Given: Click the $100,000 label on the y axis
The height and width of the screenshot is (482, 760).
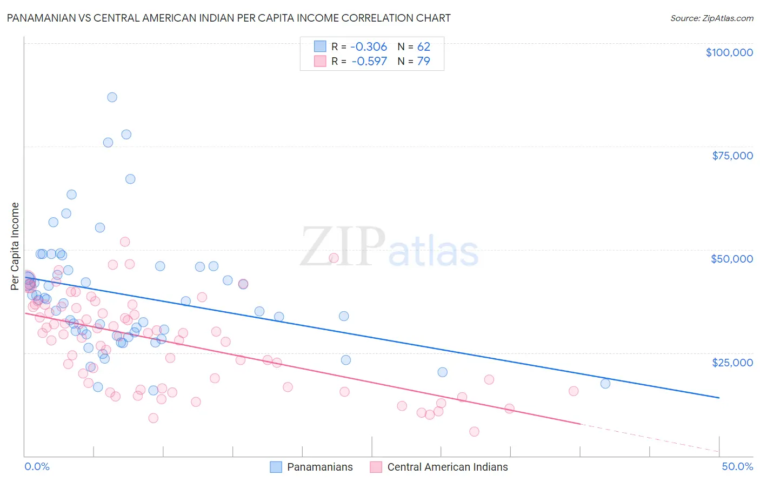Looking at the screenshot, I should tap(729, 52).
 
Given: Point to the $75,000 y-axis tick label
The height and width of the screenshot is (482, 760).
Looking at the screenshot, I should tap(732, 156).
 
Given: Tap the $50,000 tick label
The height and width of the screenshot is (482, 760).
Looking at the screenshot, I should tap(731, 259).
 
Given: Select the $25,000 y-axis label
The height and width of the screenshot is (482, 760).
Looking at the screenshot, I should tap(732, 362).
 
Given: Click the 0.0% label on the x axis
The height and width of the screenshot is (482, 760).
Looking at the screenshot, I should tap(37, 466).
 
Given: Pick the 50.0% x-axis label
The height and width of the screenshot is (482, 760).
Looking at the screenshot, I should tap(737, 466).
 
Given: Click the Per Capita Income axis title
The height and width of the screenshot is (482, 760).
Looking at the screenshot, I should tap(15, 246).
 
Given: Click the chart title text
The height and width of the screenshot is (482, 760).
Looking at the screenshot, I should tap(229, 18).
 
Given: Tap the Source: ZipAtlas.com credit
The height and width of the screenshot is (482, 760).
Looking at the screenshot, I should tap(711, 18).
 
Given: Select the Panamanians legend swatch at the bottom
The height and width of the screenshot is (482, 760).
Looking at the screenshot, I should tap(276, 467).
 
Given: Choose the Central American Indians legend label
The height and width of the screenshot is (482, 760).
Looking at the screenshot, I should tap(448, 467).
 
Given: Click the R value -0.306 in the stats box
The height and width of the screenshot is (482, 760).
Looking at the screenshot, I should tap(369, 46).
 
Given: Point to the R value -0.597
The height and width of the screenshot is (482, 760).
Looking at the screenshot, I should tap(369, 61).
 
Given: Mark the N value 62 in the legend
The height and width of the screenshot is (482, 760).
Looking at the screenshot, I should tap(423, 46).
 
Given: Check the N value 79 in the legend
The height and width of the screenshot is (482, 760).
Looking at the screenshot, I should tap(423, 61).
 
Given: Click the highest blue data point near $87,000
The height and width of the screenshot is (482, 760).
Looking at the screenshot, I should tap(112, 97).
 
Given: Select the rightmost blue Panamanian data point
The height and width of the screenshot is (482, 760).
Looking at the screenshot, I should tap(605, 384).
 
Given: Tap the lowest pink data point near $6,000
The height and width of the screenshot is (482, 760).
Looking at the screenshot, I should tap(474, 431).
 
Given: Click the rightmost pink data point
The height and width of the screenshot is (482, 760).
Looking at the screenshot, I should tap(574, 391).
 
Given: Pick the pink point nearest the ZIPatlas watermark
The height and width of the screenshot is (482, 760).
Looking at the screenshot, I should tap(334, 258).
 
